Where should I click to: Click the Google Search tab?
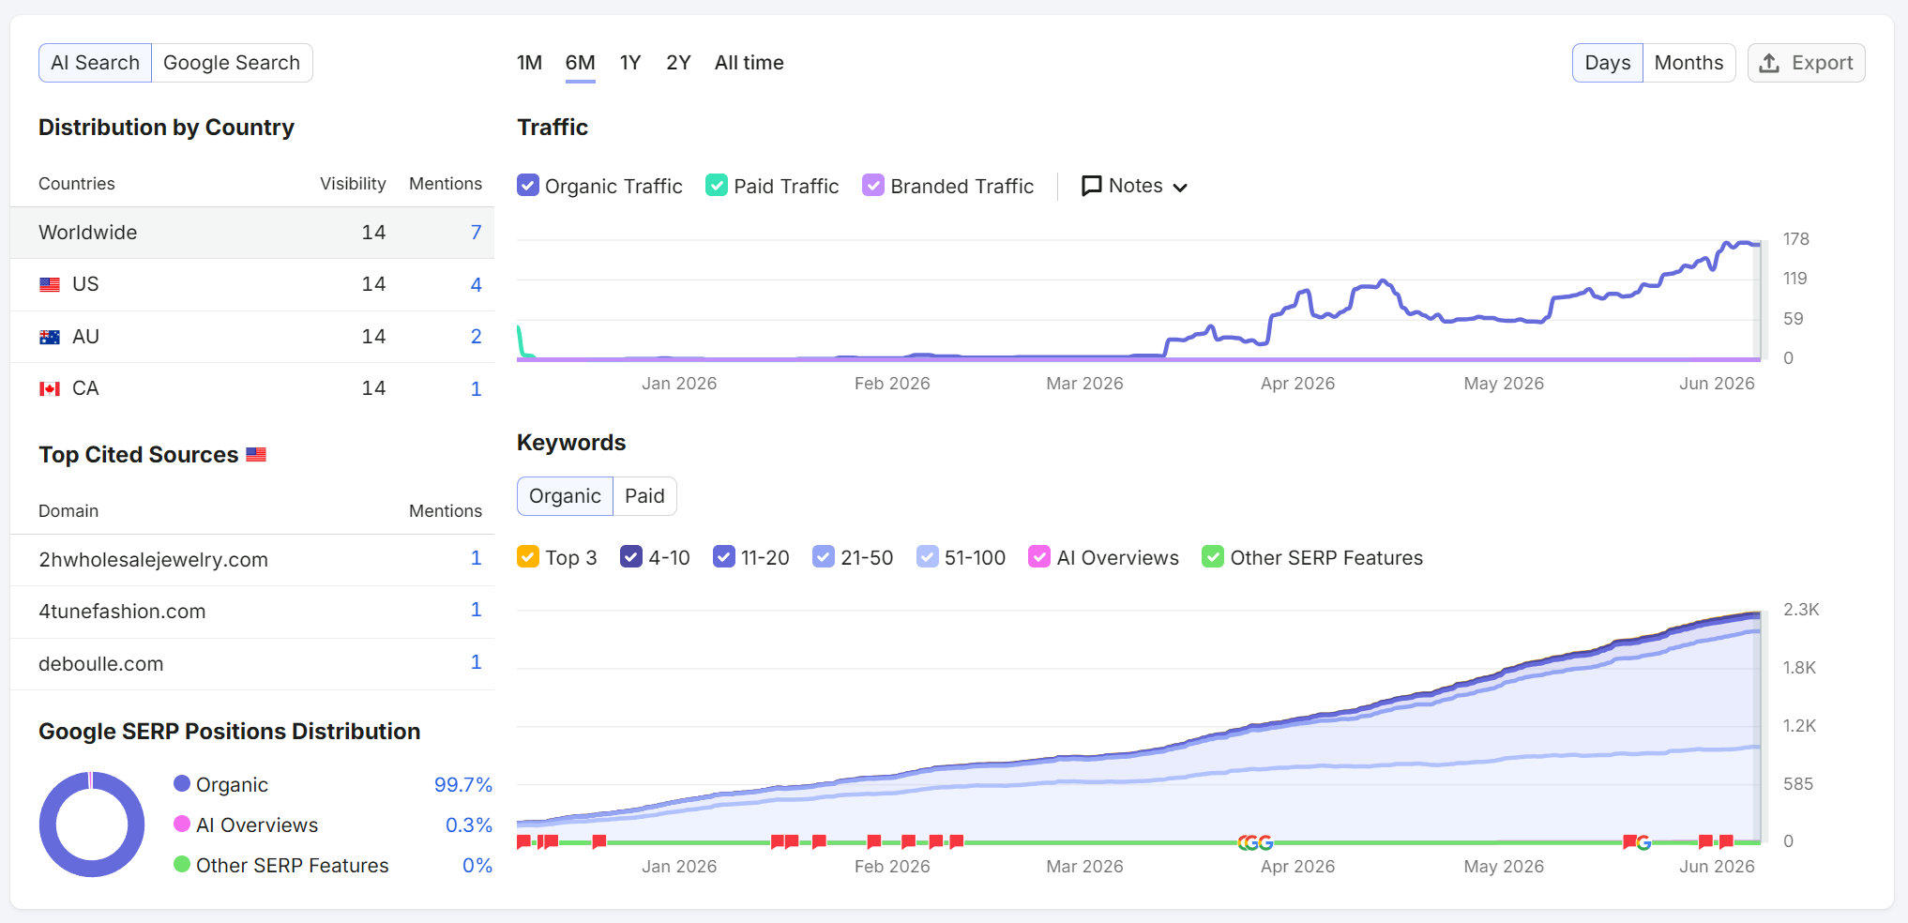[232, 63]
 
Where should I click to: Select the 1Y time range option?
[630, 63]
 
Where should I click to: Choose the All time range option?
[749, 63]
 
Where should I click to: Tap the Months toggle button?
[1688, 63]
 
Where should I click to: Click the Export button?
[1806, 63]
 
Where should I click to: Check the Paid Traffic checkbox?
[717, 186]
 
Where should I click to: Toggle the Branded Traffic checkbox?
[873, 186]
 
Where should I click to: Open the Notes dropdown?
[1134, 186]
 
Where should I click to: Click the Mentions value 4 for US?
[476, 284]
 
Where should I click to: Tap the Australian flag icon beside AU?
[50, 337]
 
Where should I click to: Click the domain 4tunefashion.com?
[122, 612]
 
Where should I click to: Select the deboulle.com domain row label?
[100, 664]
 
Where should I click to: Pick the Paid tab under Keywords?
[644, 496]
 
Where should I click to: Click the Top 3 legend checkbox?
[528, 557]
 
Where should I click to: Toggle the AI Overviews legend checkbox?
[1039, 557]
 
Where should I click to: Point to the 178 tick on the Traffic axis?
[1795, 239]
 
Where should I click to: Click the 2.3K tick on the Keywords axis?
[1801, 610]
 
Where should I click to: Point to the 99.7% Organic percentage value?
[462, 785]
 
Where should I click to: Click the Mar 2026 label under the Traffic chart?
[1084, 384]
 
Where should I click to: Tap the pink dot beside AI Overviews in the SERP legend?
[182, 824]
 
